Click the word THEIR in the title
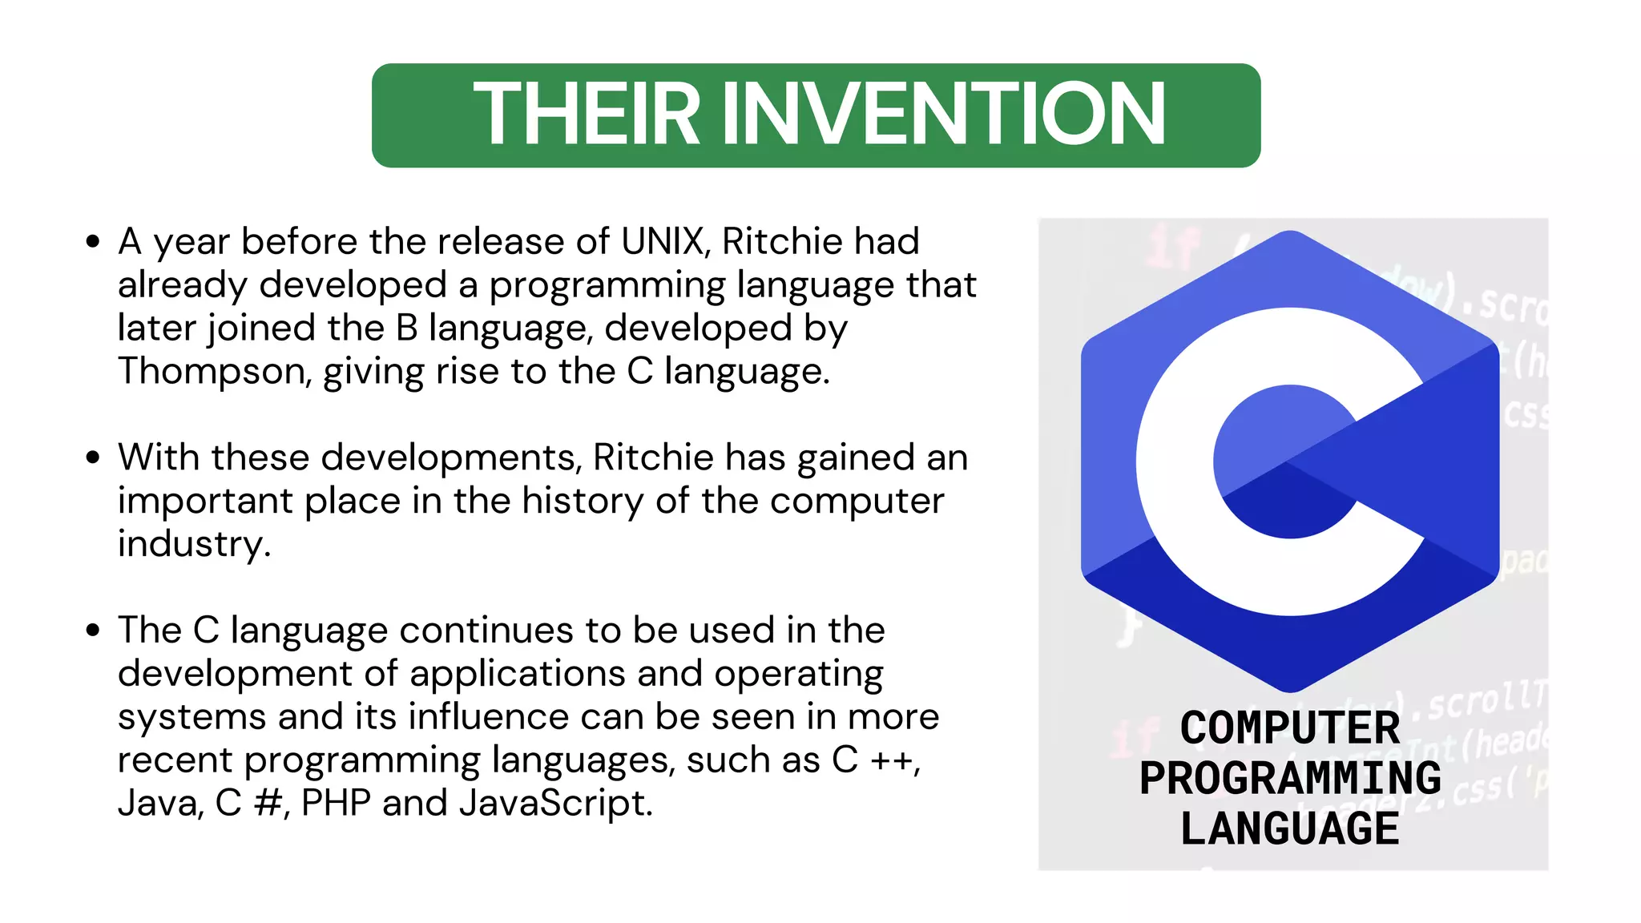[587, 115]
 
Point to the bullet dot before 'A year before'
[93, 241]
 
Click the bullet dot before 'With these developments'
[93, 457]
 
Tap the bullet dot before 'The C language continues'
[93, 631]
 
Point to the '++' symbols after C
[893, 760]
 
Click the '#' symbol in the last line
[267, 803]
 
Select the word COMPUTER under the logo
[1290, 728]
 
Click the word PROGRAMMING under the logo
[1290, 778]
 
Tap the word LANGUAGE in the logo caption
[1290, 828]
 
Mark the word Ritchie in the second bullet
[653, 457]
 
